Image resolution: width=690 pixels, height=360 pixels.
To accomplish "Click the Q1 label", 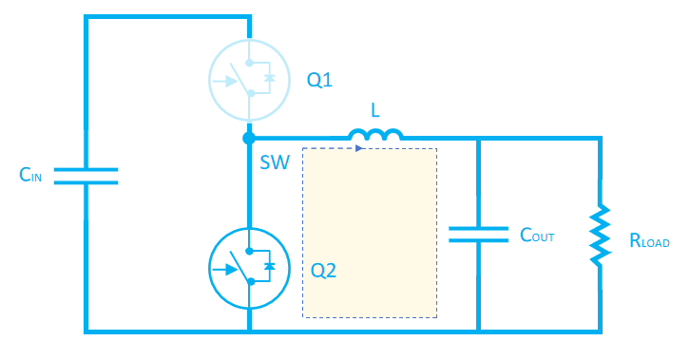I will [319, 81].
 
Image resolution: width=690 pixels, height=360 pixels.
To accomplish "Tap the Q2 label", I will [324, 271].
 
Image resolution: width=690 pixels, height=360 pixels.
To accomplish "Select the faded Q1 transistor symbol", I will [248, 80].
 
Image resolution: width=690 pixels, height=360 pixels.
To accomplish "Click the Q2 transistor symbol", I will [248, 270].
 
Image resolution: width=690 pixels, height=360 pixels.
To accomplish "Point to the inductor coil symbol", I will [375, 138].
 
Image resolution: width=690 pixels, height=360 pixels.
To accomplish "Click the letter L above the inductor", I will [375, 111].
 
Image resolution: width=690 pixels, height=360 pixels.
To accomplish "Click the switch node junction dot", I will [248, 140].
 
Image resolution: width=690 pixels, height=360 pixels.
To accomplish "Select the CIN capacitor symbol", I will [86, 176].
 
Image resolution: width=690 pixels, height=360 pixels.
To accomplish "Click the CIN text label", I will [31, 176].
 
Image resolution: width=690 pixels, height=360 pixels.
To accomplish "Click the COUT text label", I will [536, 236].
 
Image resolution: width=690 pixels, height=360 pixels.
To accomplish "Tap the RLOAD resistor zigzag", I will [600, 236].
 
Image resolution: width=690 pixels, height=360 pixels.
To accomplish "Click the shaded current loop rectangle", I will [370, 233].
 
